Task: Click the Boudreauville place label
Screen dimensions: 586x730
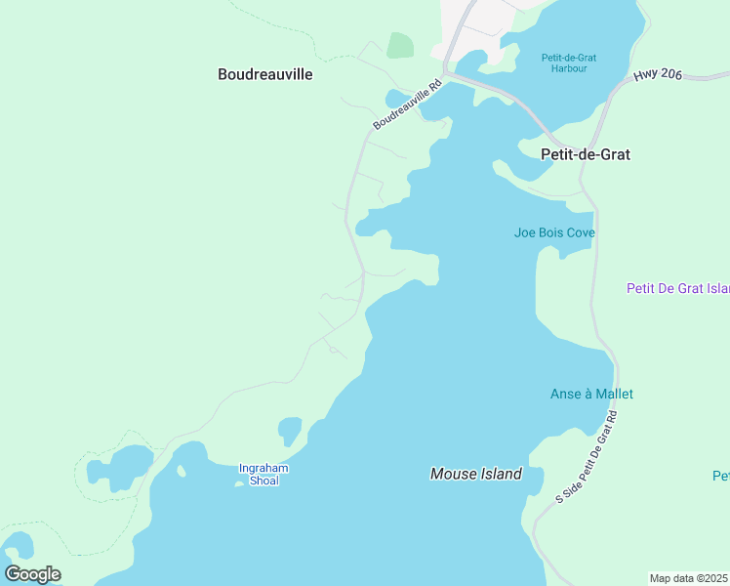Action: click(x=265, y=73)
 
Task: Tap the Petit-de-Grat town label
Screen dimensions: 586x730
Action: click(x=586, y=154)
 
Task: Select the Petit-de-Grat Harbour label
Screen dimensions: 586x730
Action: click(x=569, y=63)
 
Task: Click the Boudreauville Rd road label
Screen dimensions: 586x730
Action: click(x=408, y=105)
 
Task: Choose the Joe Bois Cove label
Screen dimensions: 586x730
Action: click(x=554, y=232)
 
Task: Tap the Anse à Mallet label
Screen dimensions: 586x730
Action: click(x=591, y=394)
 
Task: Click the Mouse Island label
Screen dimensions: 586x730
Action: click(x=476, y=474)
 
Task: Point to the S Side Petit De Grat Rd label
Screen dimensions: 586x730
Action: click(x=588, y=457)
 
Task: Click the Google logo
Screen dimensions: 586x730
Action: click(x=32, y=574)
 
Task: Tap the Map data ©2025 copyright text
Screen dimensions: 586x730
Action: click(x=689, y=578)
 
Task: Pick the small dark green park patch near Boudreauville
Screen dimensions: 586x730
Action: click(x=399, y=45)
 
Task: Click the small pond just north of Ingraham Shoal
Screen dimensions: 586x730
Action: click(x=290, y=430)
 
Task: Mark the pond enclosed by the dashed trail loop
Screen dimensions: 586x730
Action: click(x=119, y=467)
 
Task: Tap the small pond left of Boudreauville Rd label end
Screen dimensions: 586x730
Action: click(x=395, y=99)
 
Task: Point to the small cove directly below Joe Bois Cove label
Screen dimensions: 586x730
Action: click(x=562, y=252)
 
